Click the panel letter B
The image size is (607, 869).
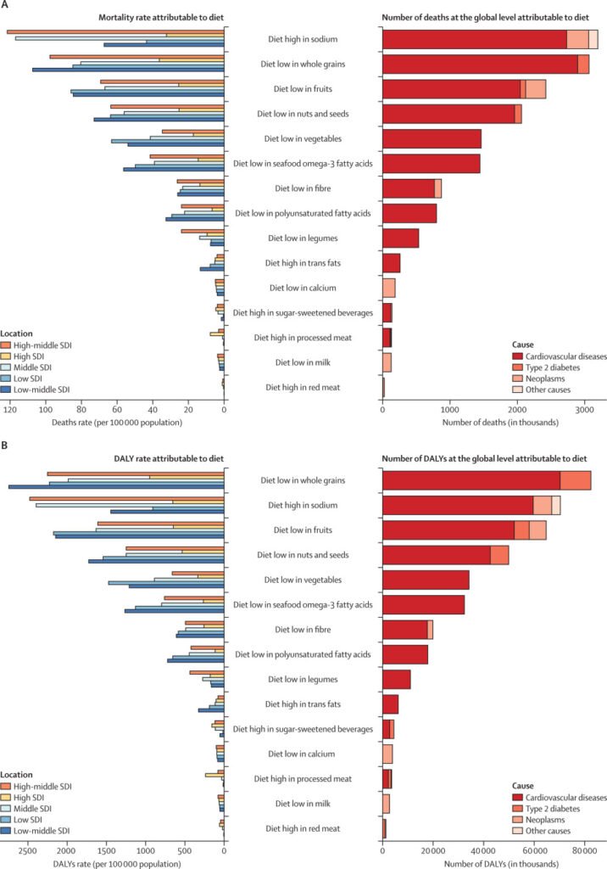click(5, 446)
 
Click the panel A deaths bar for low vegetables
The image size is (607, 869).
click(432, 139)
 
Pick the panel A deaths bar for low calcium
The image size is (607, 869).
click(389, 289)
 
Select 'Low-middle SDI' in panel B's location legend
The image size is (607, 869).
click(41, 831)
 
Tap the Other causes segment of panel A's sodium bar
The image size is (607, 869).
click(593, 39)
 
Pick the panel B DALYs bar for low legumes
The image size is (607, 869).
click(397, 680)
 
